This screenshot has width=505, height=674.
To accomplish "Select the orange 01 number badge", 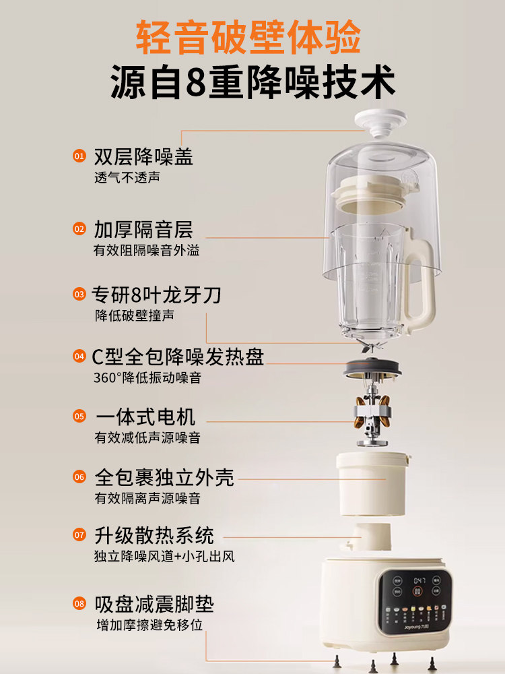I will [x=79, y=156].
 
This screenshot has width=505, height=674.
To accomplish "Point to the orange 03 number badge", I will [x=79, y=295].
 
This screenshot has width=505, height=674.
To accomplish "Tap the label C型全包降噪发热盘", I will [x=178, y=357].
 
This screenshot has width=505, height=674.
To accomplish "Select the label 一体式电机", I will [x=145, y=417].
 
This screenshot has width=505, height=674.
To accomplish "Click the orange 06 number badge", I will [x=79, y=478].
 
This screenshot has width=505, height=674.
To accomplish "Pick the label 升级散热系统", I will [x=154, y=536].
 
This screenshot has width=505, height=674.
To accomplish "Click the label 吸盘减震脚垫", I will [x=154, y=603].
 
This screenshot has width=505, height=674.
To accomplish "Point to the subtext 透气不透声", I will [x=127, y=178].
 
